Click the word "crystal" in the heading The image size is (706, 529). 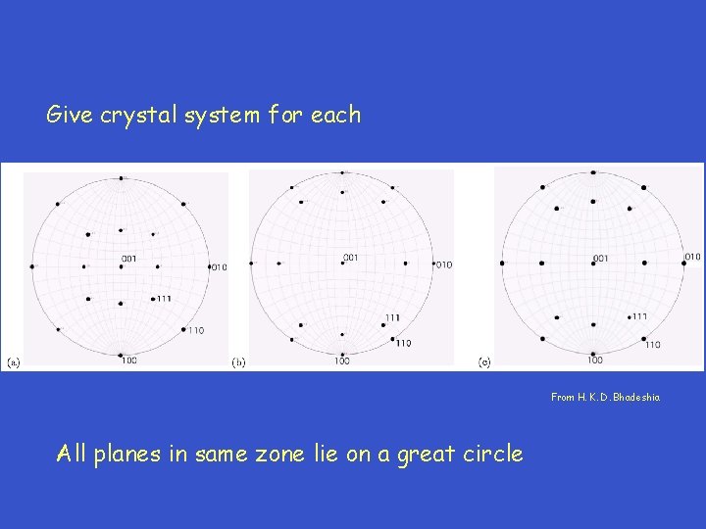pyautogui.click(x=160, y=116)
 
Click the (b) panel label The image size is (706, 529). pyautogui.click(x=238, y=361)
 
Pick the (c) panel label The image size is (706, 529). pyautogui.click(x=484, y=361)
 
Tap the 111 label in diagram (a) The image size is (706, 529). pyautogui.click(x=164, y=298)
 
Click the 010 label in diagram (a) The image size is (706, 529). pyautogui.click(x=219, y=266)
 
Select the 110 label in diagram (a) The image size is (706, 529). pyautogui.click(x=196, y=330)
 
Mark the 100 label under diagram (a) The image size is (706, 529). pyautogui.click(x=128, y=361)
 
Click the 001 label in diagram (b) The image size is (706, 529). pyautogui.click(x=350, y=257)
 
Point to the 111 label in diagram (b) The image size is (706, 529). pyautogui.click(x=392, y=317)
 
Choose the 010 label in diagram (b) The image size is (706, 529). pyautogui.click(x=444, y=264)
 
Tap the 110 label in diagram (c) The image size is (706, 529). pyautogui.click(x=653, y=344)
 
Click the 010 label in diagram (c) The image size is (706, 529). pyautogui.click(x=692, y=257)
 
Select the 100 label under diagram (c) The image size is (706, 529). pyautogui.click(x=595, y=361)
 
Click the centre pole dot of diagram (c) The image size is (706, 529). pyautogui.click(x=593, y=264)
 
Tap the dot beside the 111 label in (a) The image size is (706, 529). pyautogui.click(x=153, y=298)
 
